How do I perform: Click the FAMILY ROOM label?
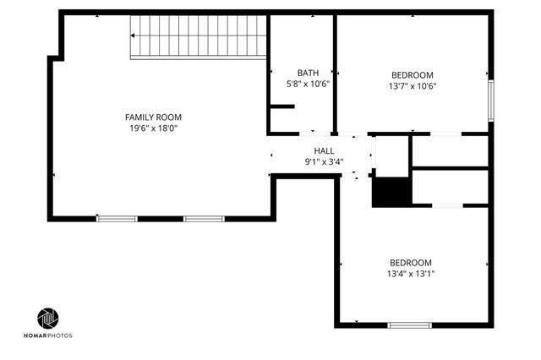(153, 117)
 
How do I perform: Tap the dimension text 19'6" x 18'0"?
(153, 128)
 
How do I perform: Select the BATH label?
(308, 73)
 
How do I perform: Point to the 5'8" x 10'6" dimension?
(308, 84)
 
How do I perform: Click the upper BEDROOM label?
(413, 74)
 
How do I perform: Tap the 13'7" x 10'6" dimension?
(413, 85)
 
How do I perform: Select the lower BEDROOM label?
(411, 262)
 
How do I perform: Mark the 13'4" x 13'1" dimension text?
(411, 273)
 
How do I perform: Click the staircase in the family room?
(198, 37)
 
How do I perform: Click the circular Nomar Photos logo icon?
(48, 319)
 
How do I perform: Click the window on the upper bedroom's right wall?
(490, 100)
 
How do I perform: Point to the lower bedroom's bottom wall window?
(410, 325)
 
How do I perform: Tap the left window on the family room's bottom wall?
(117, 219)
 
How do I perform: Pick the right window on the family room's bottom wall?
(204, 219)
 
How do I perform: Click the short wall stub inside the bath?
(281, 106)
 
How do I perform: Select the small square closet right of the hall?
(391, 155)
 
